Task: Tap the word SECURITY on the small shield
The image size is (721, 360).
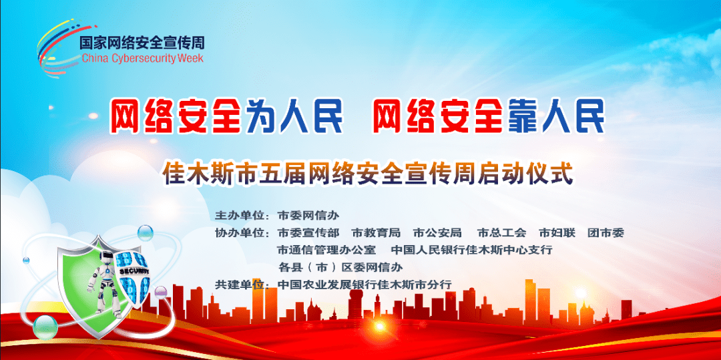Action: click(x=134, y=272)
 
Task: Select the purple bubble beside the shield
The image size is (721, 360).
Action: click(x=160, y=291)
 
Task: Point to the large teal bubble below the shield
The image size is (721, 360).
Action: click(x=45, y=327)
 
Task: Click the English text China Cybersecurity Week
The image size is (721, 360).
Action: click(x=142, y=58)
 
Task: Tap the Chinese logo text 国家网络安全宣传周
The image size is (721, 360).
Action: click(x=142, y=43)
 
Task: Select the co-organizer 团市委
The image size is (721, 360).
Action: click(x=606, y=232)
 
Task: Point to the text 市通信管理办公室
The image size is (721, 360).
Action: click(x=327, y=250)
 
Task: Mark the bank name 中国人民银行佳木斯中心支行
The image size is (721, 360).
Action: click(x=472, y=250)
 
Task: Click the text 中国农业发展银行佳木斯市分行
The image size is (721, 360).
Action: click(x=365, y=285)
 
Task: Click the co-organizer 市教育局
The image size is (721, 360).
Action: click(x=376, y=232)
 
